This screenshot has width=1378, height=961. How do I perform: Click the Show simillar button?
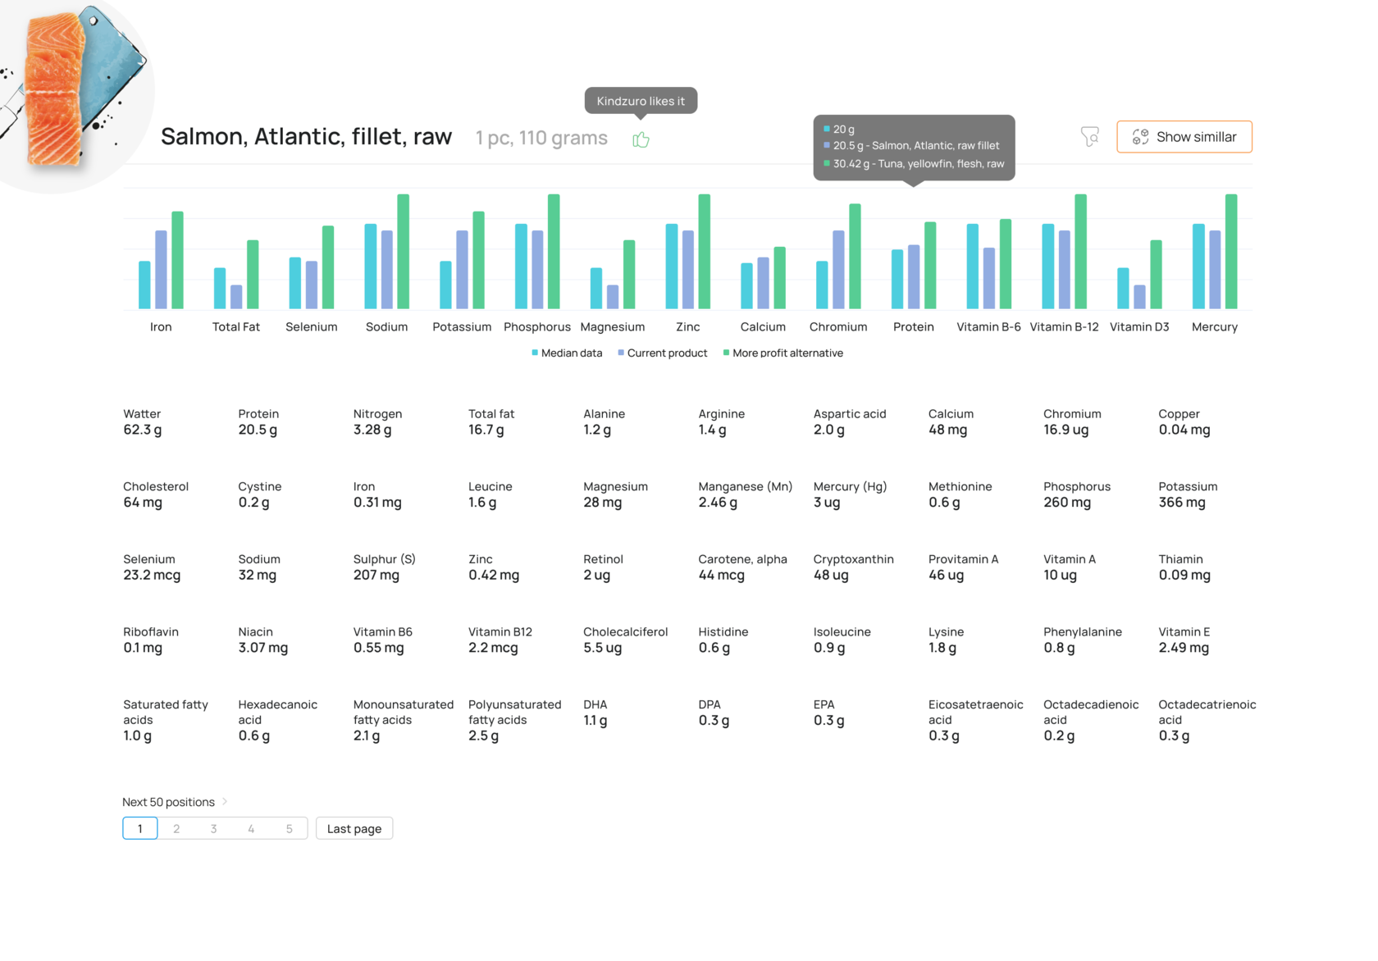pyautogui.click(x=1184, y=137)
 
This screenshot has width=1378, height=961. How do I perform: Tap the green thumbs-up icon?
pyautogui.click(x=641, y=140)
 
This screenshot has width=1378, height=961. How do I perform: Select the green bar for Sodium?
pyautogui.click(x=403, y=251)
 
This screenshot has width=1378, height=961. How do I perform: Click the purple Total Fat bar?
pyautogui.click(x=236, y=297)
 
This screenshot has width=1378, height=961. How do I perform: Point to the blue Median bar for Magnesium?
pyautogui.click(x=596, y=288)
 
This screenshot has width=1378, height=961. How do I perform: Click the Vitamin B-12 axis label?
pyautogui.click(x=1064, y=327)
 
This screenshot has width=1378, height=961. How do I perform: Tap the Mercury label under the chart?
pyautogui.click(x=1214, y=327)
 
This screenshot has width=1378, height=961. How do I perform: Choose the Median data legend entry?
pyautogui.click(x=567, y=353)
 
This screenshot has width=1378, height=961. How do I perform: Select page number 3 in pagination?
pyautogui.click(x=214, y=829)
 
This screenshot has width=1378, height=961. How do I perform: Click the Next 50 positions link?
pyautogui.click(x=169, y=802)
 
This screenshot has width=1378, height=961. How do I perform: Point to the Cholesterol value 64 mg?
pyautogui.click(x=143, y=503)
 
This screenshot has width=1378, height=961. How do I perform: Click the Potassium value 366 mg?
pyautogui.click(x=1181, y=503)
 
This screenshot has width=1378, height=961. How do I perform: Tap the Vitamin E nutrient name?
pyautogui.click(x=1184, y=632)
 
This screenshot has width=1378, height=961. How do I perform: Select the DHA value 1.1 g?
pyautogui.click(x=595, y=721)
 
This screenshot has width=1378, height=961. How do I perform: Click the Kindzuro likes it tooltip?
pyautogui.click(x=641, y=101)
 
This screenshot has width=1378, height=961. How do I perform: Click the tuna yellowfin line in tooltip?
pyautogui.click(x=918, y=164)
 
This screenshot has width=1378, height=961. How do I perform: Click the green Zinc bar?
pyautogui.click(x=704, y=251)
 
